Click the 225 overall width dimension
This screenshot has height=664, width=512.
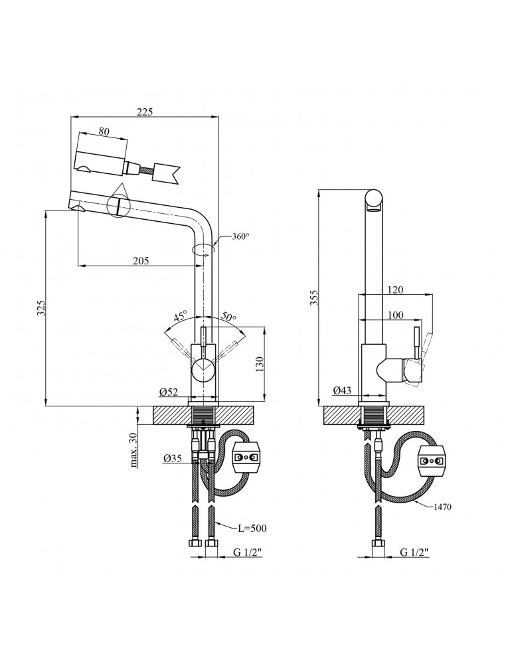coord(144,112)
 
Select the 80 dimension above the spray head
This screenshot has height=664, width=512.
coord(104,131)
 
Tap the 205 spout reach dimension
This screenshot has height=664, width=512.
coord(140,260)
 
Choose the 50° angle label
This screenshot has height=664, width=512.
coord(228,317)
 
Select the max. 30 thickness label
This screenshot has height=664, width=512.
coord(133,450)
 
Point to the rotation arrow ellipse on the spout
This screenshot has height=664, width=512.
coord(202,250)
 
